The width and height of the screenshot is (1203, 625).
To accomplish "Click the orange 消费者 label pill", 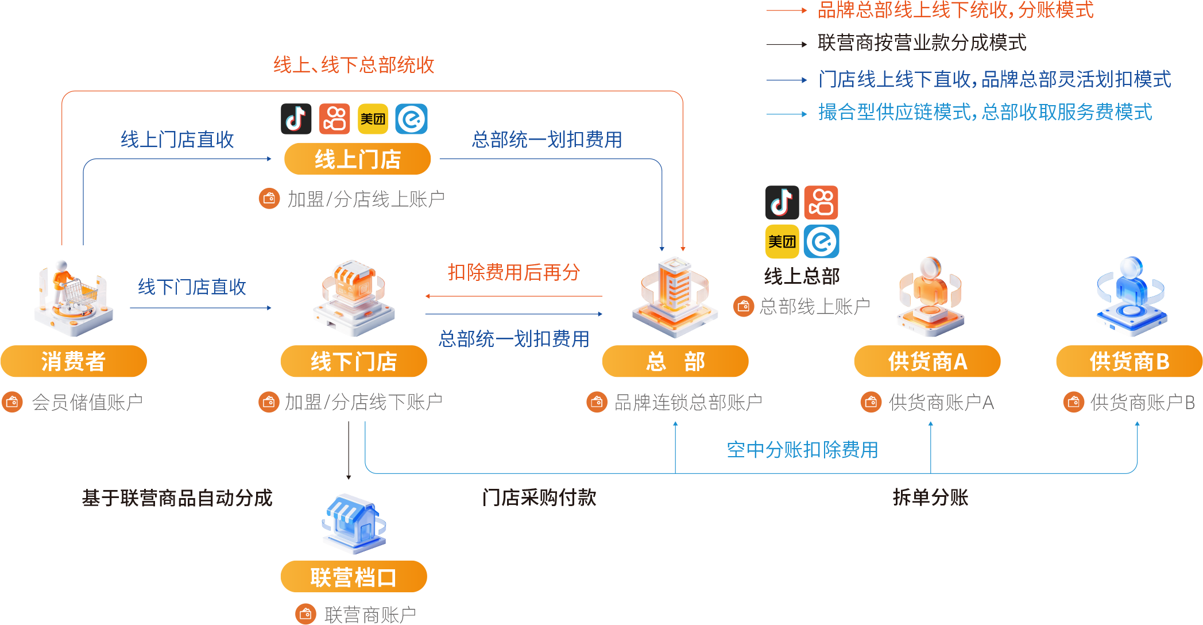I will pyautogui.click(x=74, y=361).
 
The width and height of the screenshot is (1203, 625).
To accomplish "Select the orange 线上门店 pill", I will pyautogui.click(x=357, y=159).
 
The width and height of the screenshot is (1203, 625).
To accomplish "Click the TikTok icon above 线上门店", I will pyautogui.click(x=296, y=119).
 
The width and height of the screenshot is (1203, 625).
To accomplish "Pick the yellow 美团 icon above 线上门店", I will pyautogui.click(x=373, y=119).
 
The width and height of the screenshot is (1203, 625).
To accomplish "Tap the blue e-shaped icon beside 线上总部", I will pyautogui.click(x=821, y=241).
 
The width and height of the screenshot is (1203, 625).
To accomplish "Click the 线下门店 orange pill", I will pyautogui.click(x=353, y=362).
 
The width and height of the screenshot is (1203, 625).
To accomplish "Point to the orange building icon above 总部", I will pyautogui.click(x=675, y=296).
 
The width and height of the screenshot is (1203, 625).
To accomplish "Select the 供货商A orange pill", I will pyautogui.click(x=927, y=362).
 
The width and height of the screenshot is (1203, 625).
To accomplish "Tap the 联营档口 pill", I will pyautogui.click(x=353, y=577).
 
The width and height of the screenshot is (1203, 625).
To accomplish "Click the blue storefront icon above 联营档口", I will pyautogui.click(x=353, y=523).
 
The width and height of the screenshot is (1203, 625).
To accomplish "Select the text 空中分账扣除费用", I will pyautogui.click(x=802, y=449).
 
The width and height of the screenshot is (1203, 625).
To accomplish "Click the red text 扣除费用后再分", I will pyautogui.click(x=514, y=272).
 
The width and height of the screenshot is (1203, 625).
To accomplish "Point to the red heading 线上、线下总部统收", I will pyautogui.click(x=354, y=65).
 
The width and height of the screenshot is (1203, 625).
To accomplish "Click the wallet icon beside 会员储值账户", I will pyautogui.click(x=12, y=402).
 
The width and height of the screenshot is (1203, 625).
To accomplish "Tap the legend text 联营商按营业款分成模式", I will pyautogui.click(x=922, y=43).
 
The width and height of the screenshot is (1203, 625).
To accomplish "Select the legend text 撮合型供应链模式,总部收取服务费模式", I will pyautogui.click(x=985, y=112).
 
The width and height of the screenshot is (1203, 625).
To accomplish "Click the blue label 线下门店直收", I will pyautogui.click(x=192, y=287).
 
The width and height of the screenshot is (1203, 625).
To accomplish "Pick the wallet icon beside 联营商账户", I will pyautogui.click(x=305, y=614).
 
